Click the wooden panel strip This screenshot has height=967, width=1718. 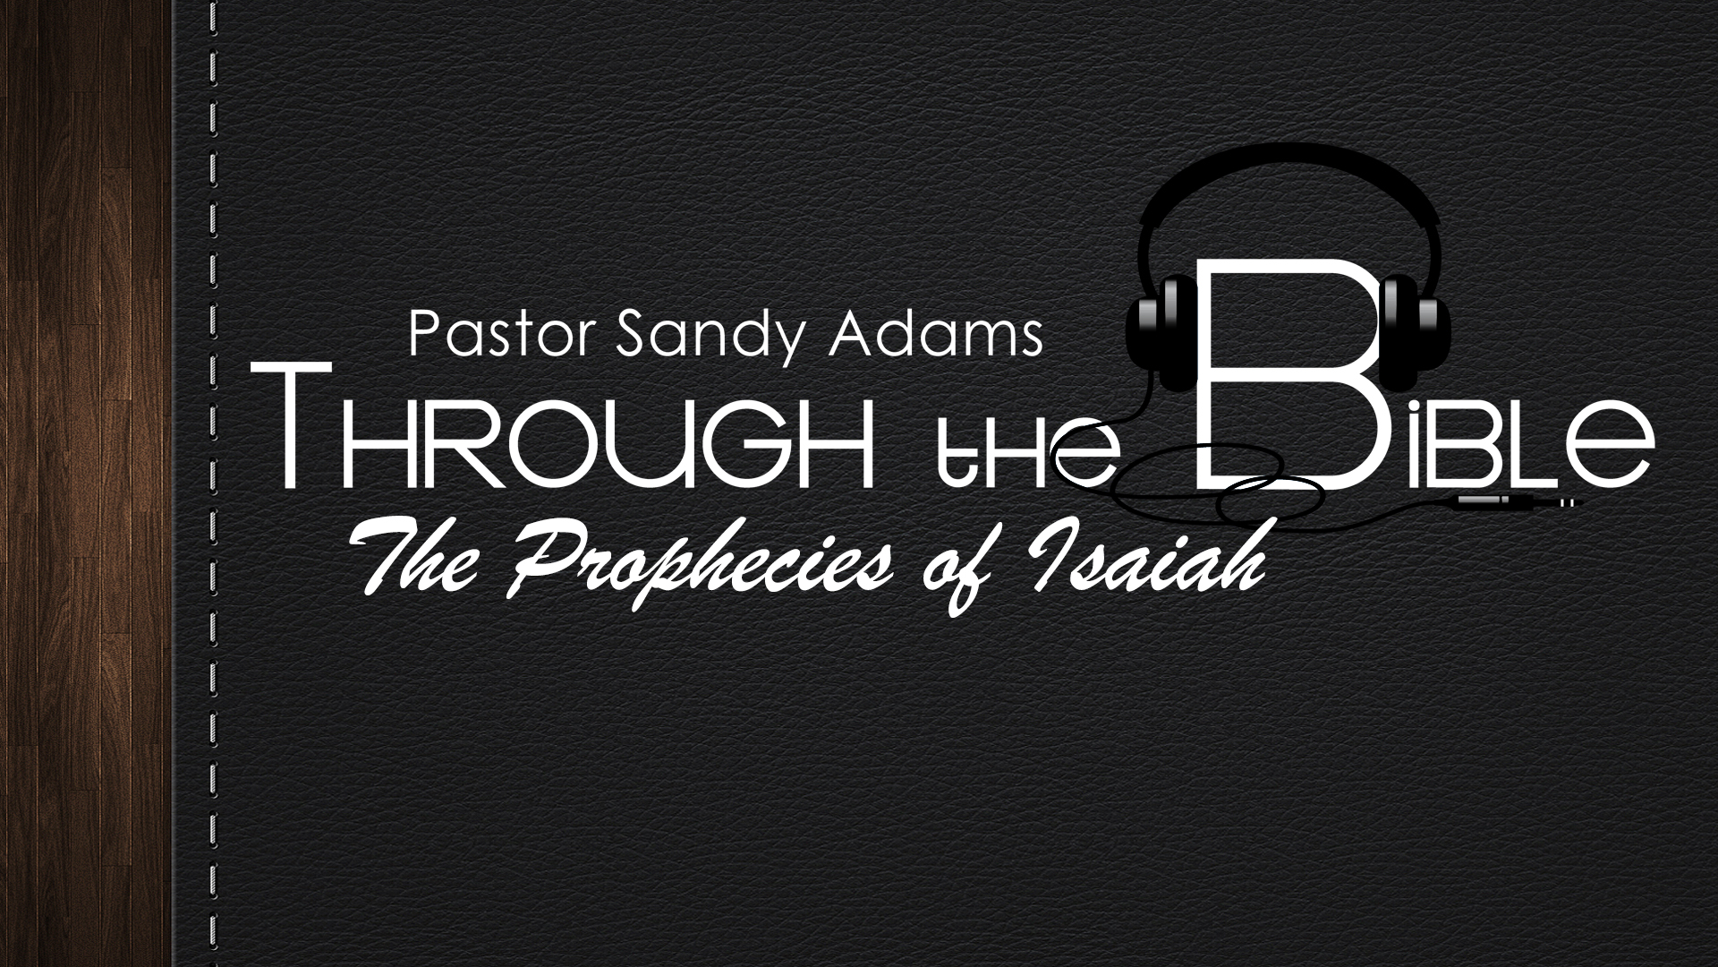[85, 483]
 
